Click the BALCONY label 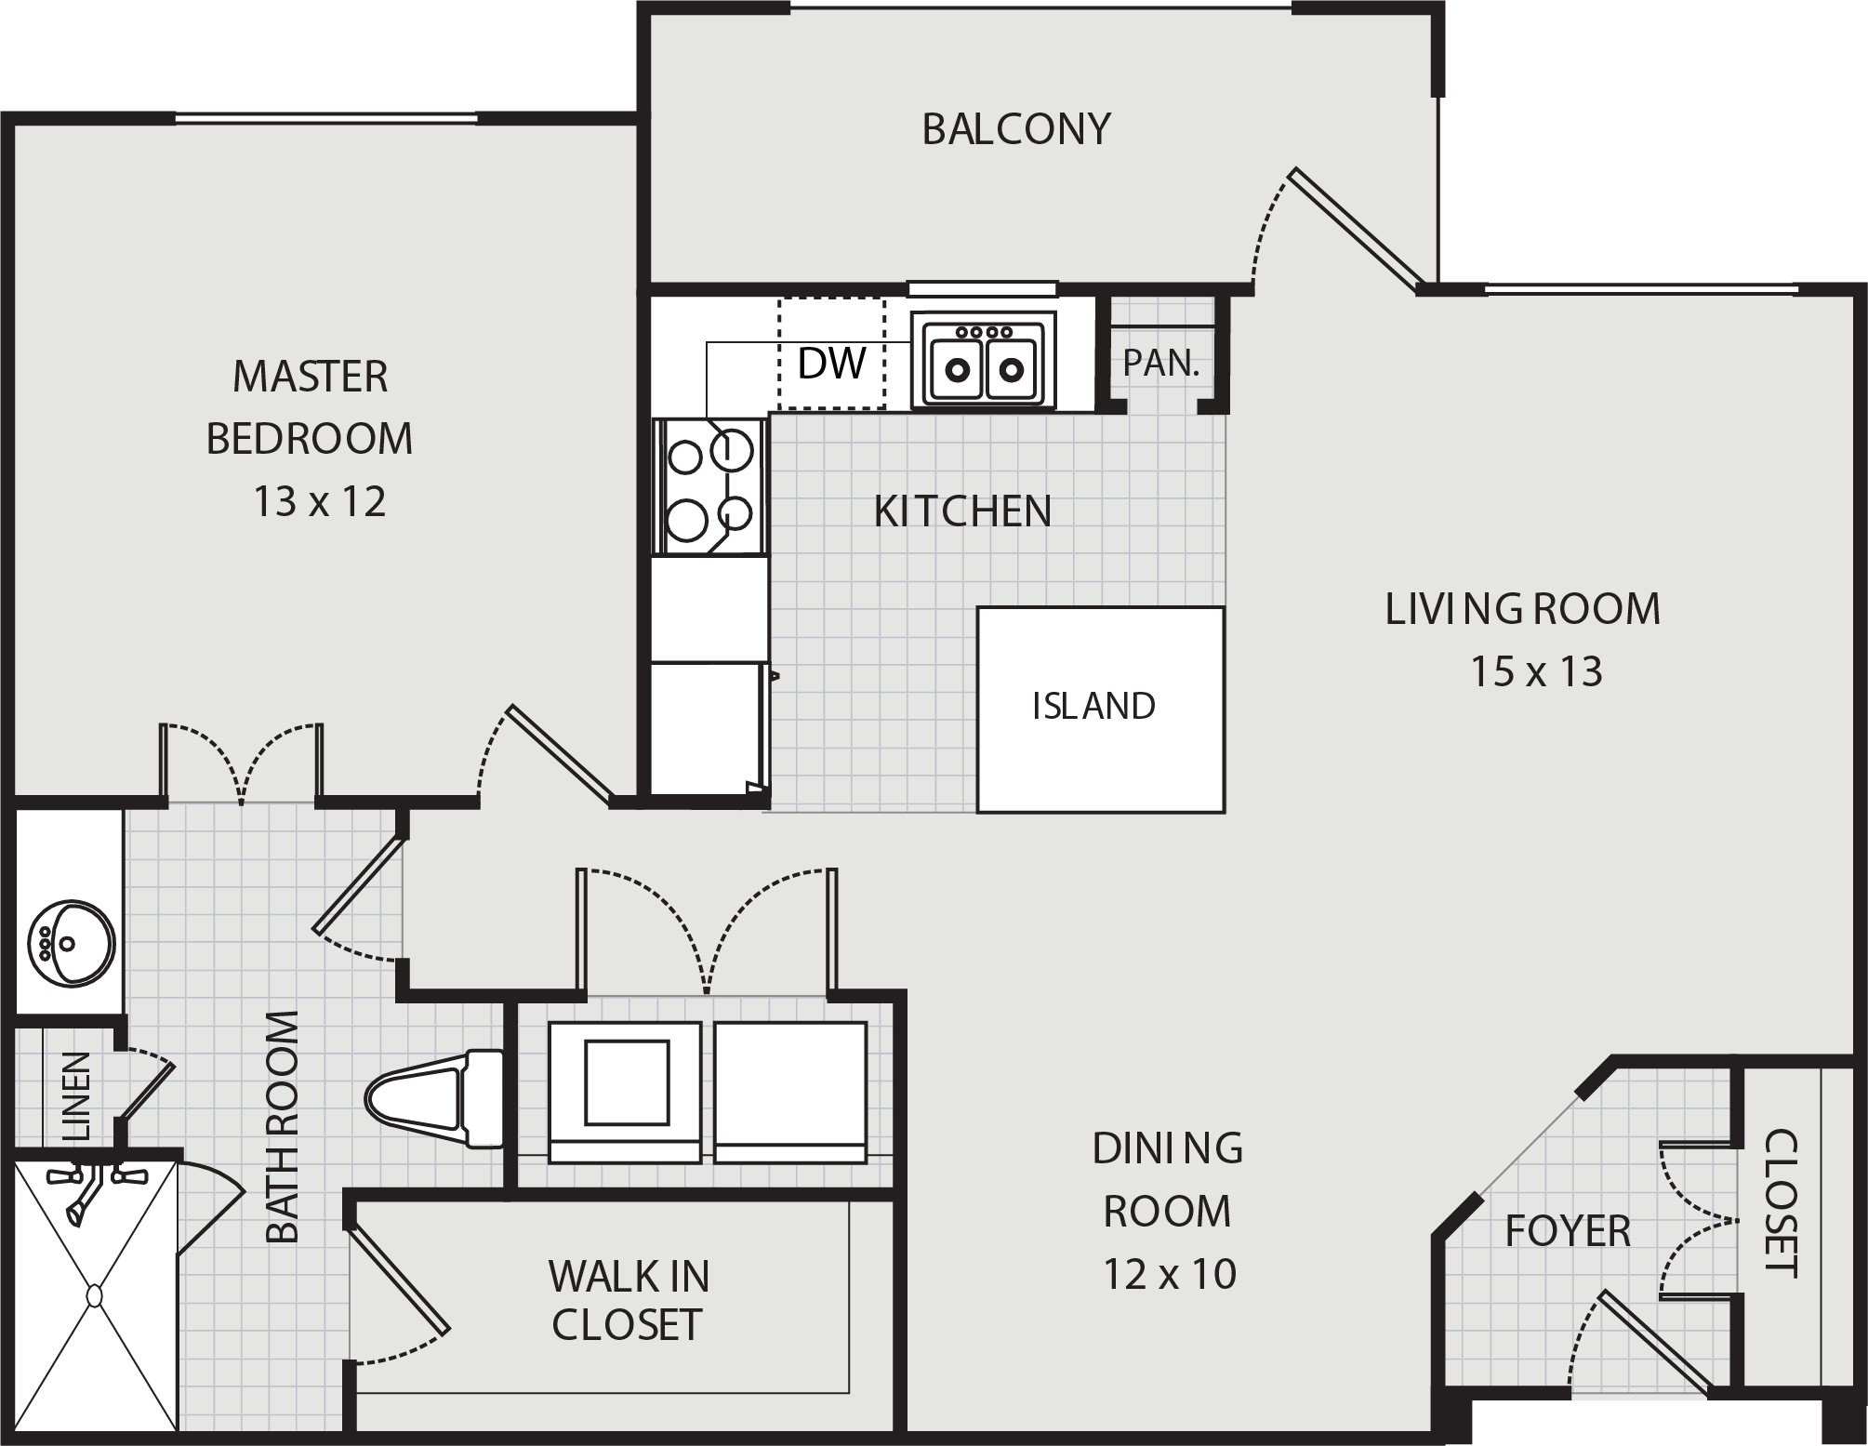coord(1016,129)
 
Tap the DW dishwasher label coord(832,364)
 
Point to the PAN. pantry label coord(1161,363)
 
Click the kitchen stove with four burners coord(710,486)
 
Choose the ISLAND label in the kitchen coord(1093,707)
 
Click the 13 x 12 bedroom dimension coord(320,502)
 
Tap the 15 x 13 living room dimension coord(1536,671)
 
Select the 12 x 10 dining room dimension coord(1170,1274)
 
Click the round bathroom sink coord(71,941)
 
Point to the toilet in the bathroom coord(434,1099)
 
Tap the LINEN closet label coord(75,1096)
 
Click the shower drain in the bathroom coord(95,1295)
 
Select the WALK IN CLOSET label coord(629,1301)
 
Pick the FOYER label coord(1568,1231)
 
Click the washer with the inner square coord(625,1092)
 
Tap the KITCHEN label coord(962,511)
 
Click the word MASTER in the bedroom coord(310,377)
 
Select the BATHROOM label coord(283,1126)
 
